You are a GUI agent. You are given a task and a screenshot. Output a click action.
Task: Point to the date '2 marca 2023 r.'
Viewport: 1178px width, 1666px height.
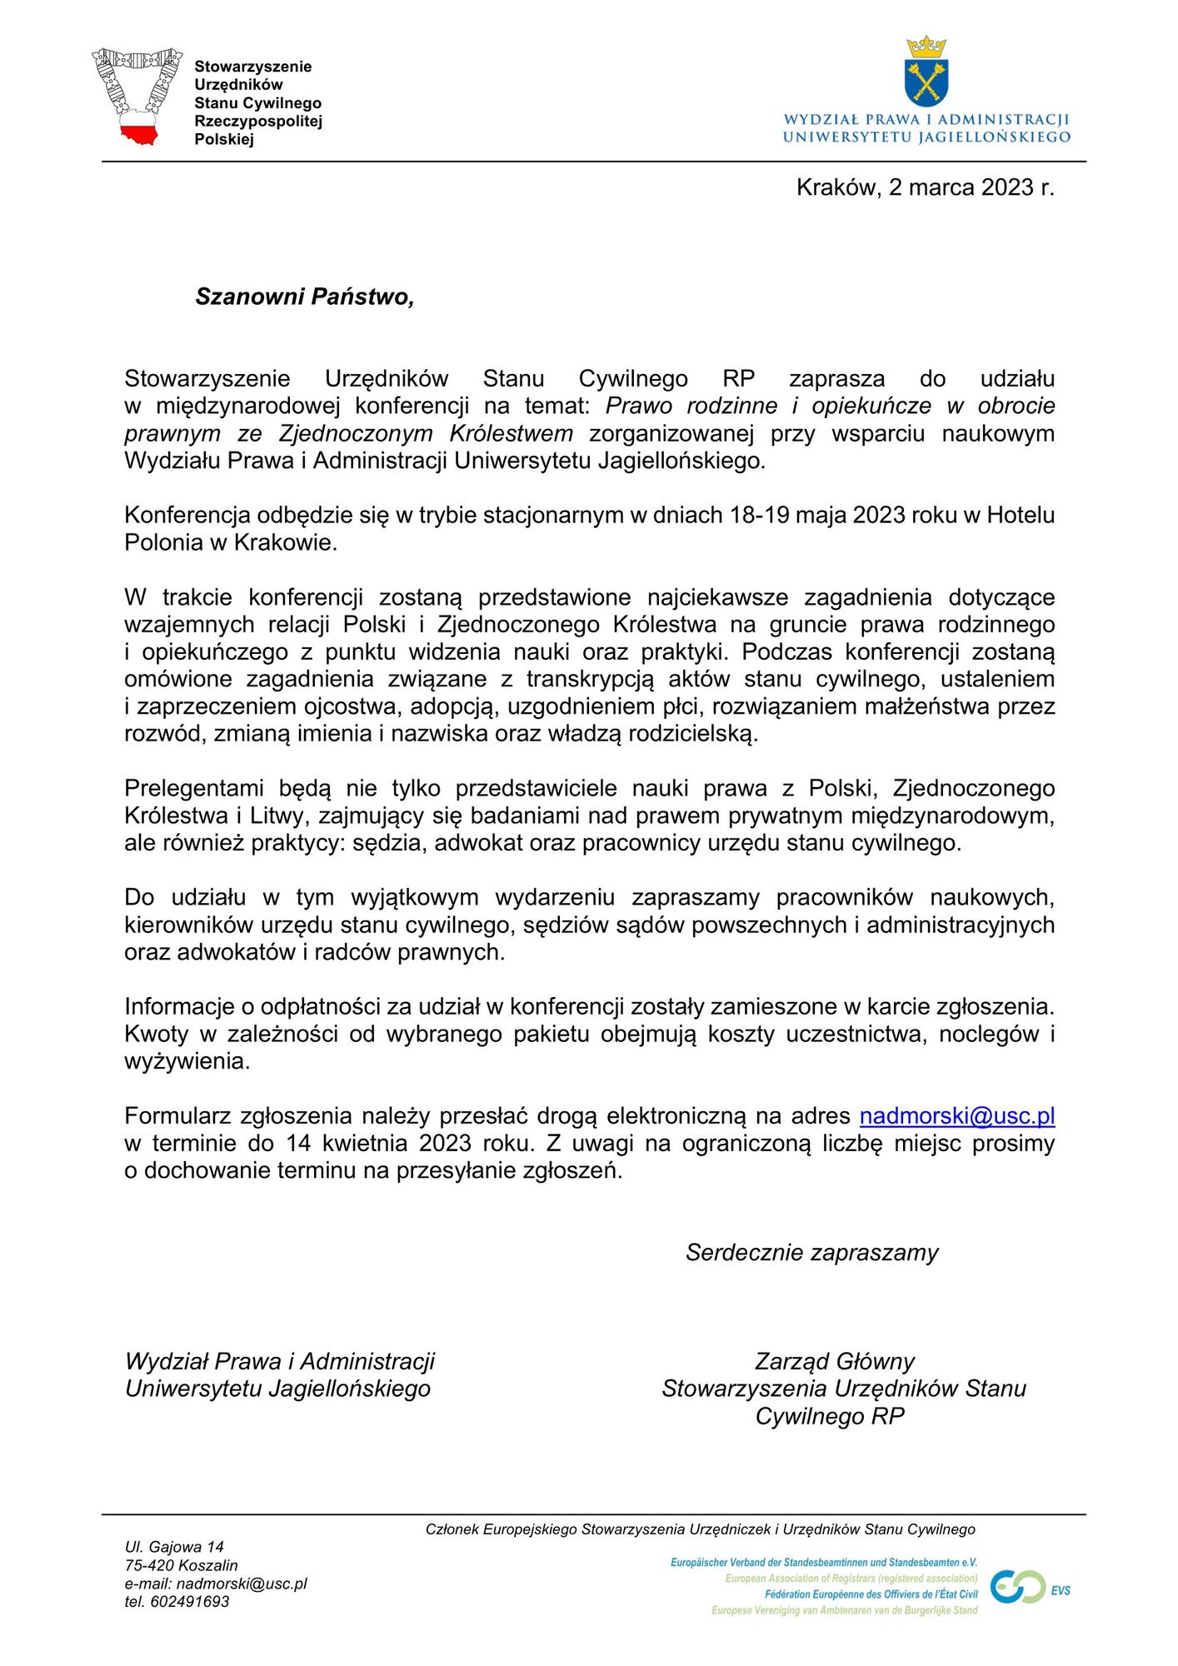coord(971,187)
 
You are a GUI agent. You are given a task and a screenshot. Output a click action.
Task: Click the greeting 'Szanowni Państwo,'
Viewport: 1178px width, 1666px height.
coord(305,297)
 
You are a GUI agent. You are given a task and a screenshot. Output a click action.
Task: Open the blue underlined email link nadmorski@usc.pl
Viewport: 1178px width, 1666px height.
coord(956,1116)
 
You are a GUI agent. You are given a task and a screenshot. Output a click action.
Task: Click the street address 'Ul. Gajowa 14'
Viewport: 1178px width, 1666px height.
coord(174,1547)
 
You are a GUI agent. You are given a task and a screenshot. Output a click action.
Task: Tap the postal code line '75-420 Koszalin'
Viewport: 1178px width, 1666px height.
coord(181,1565)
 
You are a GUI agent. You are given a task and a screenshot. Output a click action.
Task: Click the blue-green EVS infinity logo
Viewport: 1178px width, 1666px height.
coord(1018,1587)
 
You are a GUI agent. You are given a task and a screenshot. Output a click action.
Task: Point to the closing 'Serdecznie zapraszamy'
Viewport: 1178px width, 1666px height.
coord(811,1253)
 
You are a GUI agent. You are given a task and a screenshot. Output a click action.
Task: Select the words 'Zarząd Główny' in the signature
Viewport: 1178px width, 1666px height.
coord(834,1361)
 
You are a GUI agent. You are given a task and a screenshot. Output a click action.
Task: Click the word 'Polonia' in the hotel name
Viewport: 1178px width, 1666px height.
coord(163,543)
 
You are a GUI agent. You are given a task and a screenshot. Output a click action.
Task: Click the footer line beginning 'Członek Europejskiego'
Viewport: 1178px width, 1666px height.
coord(700,1529)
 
